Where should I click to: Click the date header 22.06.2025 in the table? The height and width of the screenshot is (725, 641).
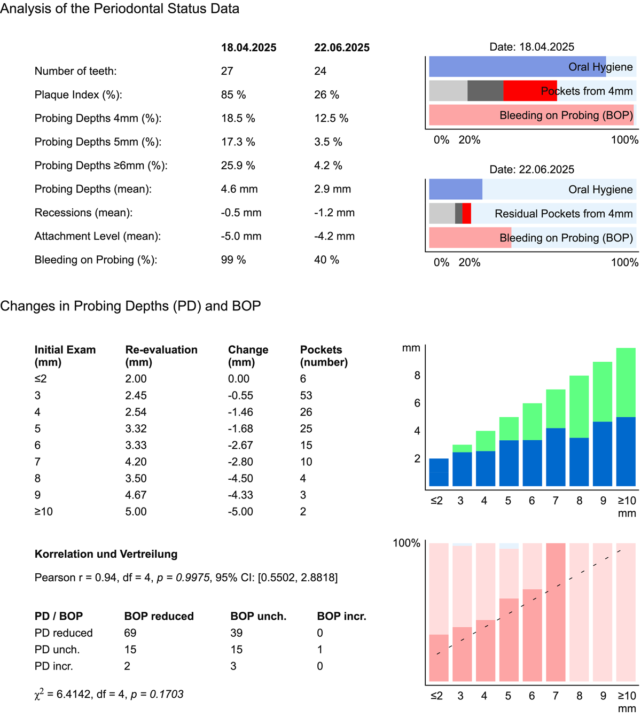coord(342,48)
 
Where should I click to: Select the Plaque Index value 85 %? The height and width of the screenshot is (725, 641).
coord(233,95)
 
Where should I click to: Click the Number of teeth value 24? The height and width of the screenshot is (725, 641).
coord(320,71)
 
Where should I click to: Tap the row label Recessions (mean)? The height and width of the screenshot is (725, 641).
coord(83,213)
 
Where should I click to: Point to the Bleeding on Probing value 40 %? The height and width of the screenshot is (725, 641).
coord(326,260)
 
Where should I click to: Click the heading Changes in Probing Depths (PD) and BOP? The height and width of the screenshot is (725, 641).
coord(130,306)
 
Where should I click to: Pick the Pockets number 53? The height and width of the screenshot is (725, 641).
coord(306,395)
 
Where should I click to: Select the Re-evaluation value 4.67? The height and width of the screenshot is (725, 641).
coord(136,495)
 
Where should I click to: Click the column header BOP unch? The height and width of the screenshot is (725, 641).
coord(258,616)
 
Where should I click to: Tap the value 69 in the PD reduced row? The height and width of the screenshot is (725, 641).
coord(130,633)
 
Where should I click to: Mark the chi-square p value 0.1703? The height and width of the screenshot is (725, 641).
coord(166,694)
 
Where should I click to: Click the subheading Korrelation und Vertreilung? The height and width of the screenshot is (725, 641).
coord(106,554)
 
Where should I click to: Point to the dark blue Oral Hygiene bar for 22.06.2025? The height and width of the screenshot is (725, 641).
coord(456,190)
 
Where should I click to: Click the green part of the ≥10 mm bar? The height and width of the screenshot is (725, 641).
coord(626,382)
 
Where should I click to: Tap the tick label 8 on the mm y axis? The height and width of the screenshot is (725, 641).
coord(417,376)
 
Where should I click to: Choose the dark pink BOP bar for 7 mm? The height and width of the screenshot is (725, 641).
coord(556,612)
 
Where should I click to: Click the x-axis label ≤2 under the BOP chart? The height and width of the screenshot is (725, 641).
coord(436,696)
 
